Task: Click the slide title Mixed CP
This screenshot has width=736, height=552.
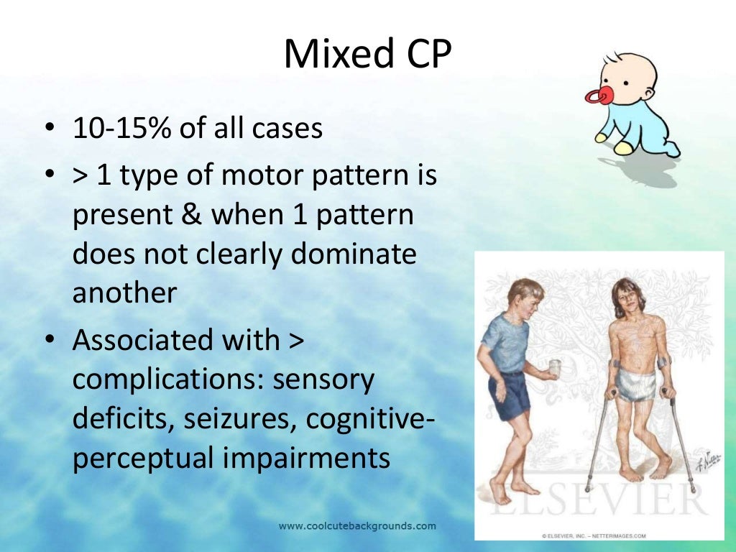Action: [x=367, y=55]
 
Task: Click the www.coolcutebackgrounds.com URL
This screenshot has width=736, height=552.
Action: [x=357, y=526]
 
